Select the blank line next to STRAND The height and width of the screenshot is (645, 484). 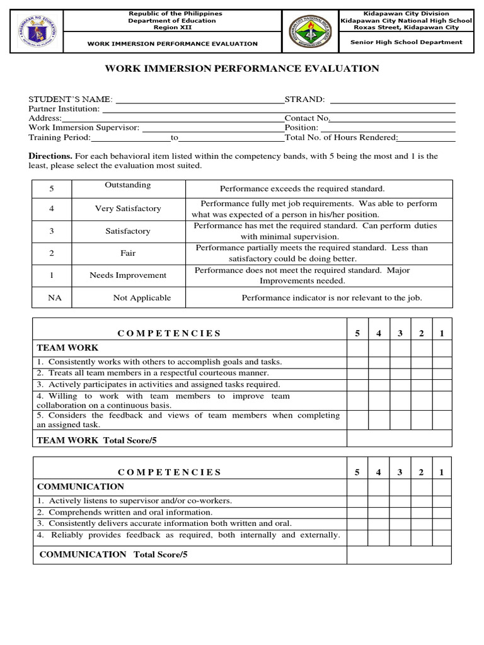pos(392,100)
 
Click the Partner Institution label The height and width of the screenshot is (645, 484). pos(64,109)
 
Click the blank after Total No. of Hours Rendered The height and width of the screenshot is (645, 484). pos(427,138)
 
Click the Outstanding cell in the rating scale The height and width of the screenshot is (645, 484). pos(128,185)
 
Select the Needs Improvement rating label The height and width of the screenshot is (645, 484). pos(128,275)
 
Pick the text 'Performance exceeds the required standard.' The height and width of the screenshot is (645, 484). pos(302,189)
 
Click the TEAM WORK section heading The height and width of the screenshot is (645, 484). pos(67,348)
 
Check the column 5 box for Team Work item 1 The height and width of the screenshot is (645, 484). pos(357,362)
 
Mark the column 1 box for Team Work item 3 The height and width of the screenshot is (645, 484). pos(441,384)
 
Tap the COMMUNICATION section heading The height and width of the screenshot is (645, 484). pos(81,487)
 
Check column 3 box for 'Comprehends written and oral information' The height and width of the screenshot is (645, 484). pos(400,512)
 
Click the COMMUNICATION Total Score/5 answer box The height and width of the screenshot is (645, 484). pos(399,555)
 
